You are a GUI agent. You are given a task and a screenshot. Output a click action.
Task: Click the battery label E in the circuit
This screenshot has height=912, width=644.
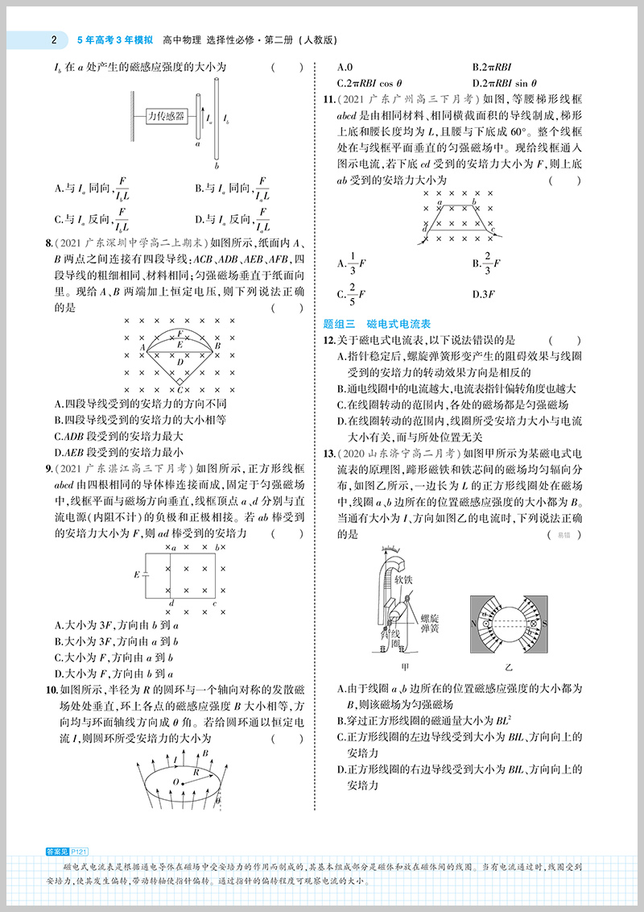(137, 574)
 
